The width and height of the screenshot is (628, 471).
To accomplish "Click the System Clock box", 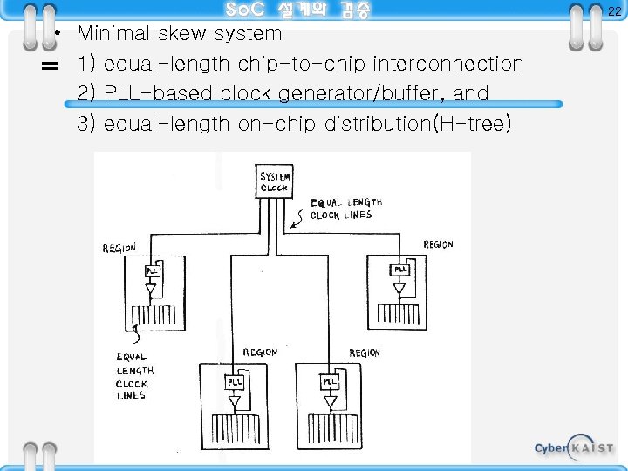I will [275, 181].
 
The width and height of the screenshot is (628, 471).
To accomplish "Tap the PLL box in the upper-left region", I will [152, 270].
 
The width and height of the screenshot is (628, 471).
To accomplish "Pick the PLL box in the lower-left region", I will [235, 381].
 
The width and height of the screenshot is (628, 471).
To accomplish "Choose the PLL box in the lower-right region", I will [330, 381].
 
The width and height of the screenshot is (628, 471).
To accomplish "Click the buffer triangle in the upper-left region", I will [152, 290].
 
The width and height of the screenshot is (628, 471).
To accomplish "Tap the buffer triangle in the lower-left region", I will [235, 401].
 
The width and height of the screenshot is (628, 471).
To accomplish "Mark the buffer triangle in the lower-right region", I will [330, 401].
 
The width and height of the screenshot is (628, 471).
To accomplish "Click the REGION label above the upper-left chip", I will [119, 249].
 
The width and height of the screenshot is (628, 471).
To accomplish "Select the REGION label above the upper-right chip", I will [438, 244].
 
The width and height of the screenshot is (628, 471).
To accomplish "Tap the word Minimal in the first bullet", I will [114, 34].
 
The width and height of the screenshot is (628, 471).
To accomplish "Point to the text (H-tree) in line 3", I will [472, 124].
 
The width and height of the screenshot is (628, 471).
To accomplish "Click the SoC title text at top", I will [297, 10].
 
